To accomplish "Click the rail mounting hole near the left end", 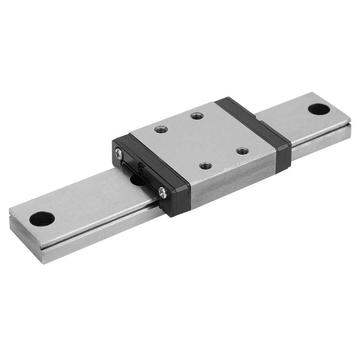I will (42, 218).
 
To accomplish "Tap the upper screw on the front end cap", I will (119, 154).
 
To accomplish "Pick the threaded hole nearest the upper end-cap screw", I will (161, 128).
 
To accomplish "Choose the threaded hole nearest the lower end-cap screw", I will (205, 165).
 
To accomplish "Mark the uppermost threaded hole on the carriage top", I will (197, 115).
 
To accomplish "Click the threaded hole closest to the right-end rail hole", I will (242, 151).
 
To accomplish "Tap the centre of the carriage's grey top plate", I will (201, 140).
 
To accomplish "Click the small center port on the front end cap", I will (141, 169).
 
